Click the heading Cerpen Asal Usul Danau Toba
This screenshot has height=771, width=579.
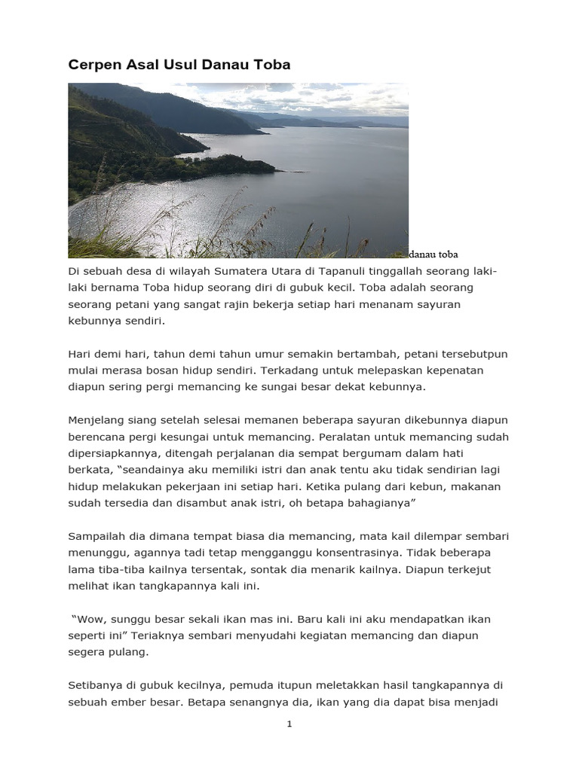click(179, 65)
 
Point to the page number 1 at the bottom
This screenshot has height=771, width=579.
click(289, 724)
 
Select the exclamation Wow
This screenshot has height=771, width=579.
click(87, 619)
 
